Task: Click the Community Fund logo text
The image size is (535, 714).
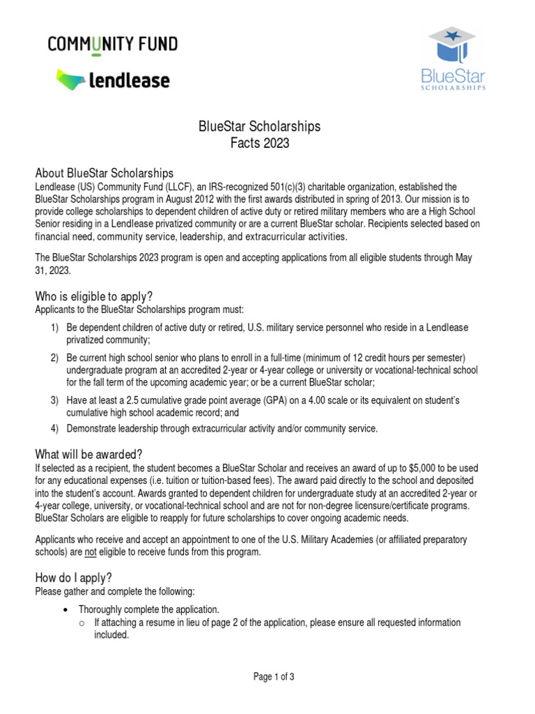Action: (112, 45)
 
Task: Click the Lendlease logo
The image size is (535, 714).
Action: (112, 80)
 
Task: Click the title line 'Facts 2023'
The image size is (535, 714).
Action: (259, 144)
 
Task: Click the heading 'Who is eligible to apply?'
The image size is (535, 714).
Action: (93, 296)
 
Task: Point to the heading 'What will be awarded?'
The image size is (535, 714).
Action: (89, 453)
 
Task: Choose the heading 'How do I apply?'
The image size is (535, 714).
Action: (73, 577)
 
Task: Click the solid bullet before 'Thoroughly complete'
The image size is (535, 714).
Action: (65, 609)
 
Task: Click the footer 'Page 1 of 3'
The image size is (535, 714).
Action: (267, 676)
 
